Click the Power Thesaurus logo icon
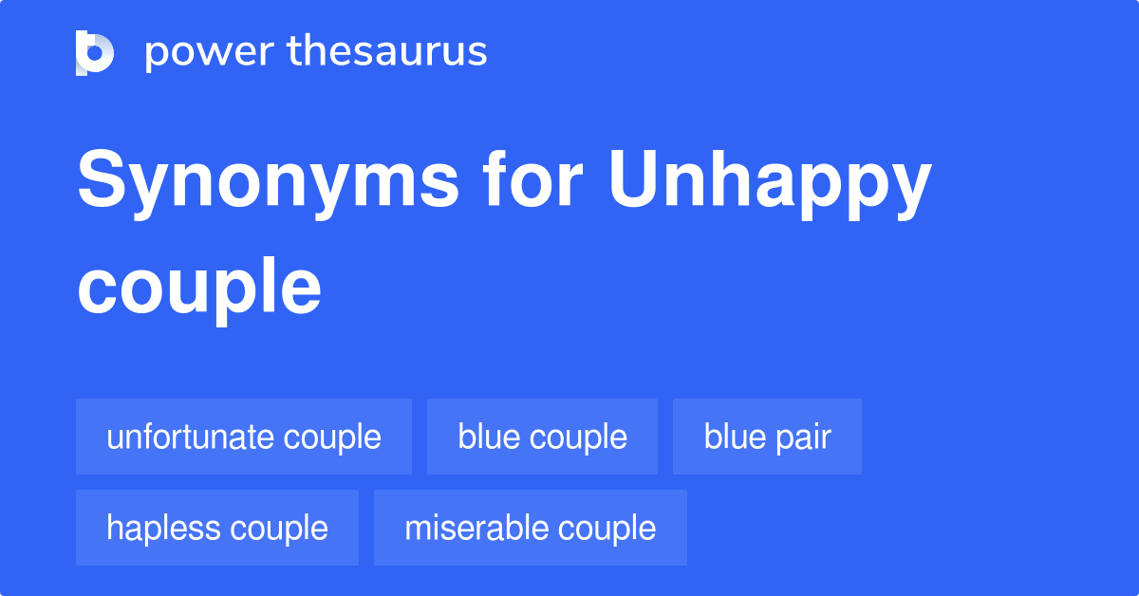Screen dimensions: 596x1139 pos(95,52)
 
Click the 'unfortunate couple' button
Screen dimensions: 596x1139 pos(244,437)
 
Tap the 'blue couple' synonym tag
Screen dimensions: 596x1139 pos(542,437)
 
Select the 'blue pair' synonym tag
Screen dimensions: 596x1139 pos(767,437)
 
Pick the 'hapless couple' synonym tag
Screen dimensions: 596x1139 pos(217,528)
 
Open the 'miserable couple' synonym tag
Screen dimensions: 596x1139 pos(530,528)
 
